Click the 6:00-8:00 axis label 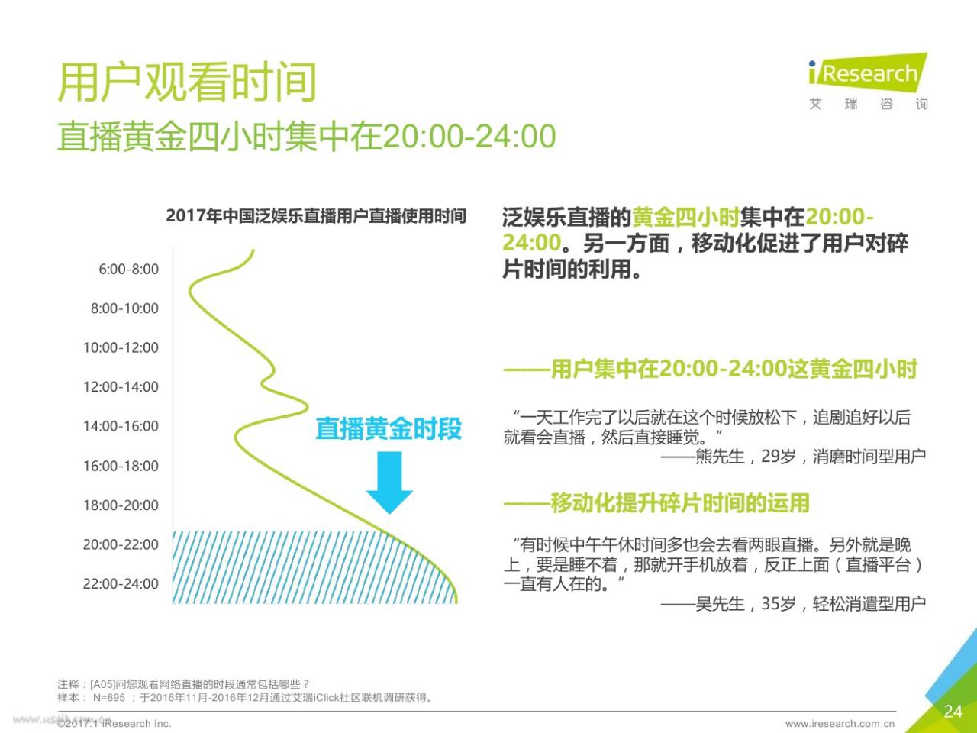pos(129,270)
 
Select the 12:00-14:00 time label pos(121,387)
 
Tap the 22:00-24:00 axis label pos(121,583)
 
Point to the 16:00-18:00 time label pos(121,466)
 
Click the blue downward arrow pos(389,483)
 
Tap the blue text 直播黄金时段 pos(389,428)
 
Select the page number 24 pos(953,711)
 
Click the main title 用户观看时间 pos(187,82)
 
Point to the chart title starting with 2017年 pos(316,216)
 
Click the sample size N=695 pos(109,697)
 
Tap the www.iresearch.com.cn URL pos(840,724)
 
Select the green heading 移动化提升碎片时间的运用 pos(679,503)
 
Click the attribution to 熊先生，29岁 pos(794,457)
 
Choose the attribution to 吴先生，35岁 pos(794,604)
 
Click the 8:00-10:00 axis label pos(124,308)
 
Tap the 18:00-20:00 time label pos(121,505)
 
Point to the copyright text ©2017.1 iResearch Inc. pos(114,724)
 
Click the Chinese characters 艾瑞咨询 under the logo pos(869,104)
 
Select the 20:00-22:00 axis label pos(121,544)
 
